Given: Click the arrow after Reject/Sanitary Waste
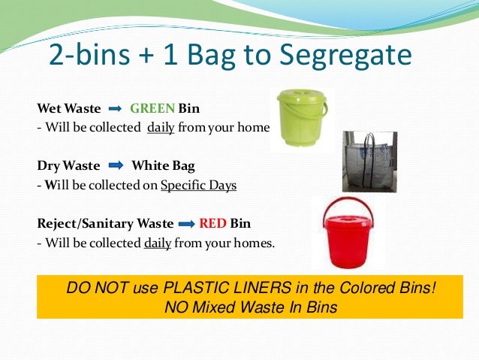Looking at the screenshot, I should point(187,224).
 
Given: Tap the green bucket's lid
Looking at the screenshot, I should point(301,97).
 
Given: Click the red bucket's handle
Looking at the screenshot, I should point(348,207).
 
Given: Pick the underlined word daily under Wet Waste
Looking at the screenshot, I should point(161,127).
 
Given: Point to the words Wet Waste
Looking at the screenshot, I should point(68,107).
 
